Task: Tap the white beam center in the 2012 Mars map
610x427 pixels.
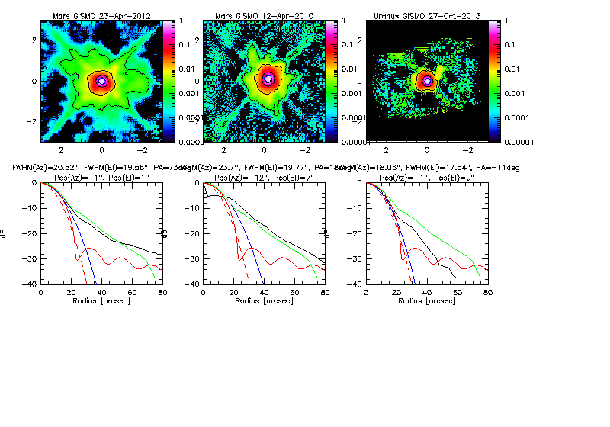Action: (x=101, y=80)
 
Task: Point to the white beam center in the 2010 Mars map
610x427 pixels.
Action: (x=267, y=79)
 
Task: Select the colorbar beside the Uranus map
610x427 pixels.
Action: (x=494, y=80)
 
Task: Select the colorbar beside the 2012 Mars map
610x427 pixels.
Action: (x=168, y=80)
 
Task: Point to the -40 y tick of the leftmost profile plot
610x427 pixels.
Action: (x=31, y=284)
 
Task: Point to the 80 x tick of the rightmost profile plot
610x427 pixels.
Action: (x=486, y=293)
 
